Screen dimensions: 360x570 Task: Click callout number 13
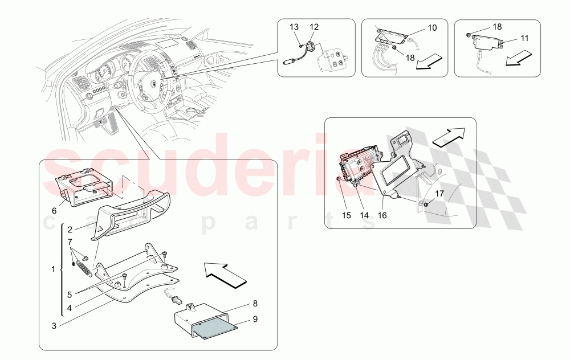[x=294, y=27]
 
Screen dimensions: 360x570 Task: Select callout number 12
[x=315, y=27]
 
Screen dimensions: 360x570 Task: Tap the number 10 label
[x=432, y=27]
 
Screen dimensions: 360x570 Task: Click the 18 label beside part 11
[x=497, y=27]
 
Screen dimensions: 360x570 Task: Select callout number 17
[x=439, y=194]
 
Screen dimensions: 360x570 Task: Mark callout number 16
[x=382, y=215]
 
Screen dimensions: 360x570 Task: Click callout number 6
[x=54, y=210]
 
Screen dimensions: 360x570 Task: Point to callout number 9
[x=255, y=320]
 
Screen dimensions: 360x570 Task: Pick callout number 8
[x=255, y=304]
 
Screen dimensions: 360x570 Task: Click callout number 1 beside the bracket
[x=54, y=268]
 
